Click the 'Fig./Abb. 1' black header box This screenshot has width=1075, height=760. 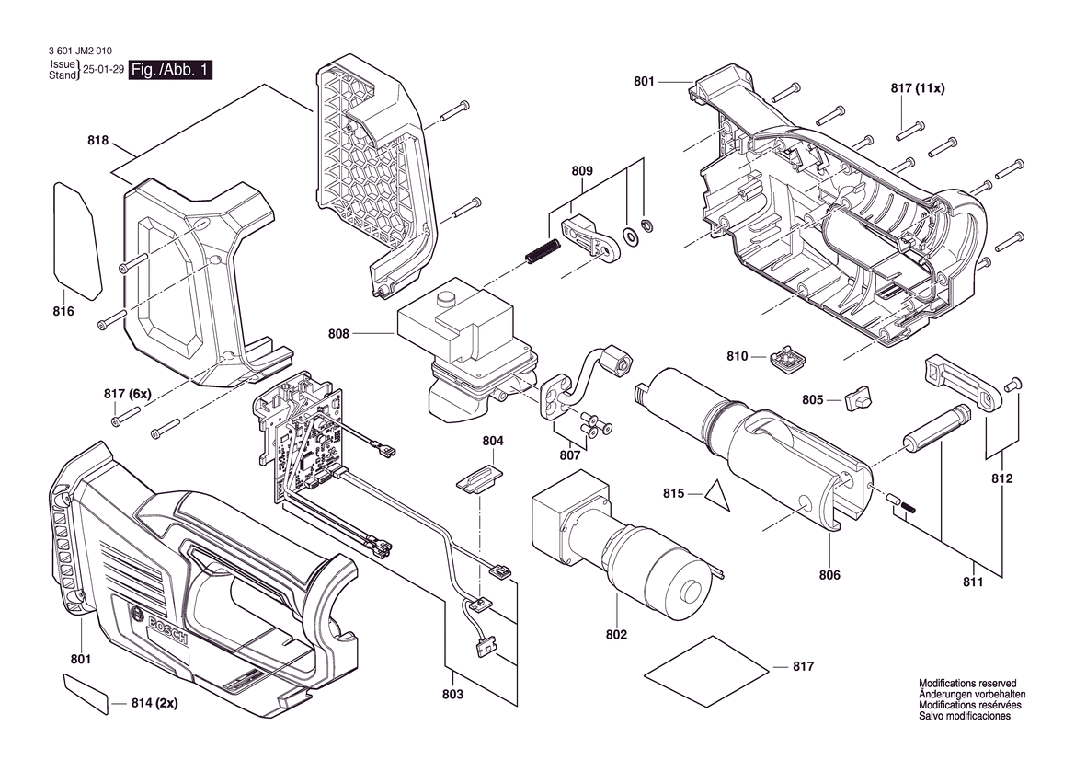coord(171,70)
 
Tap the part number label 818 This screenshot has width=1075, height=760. coord(98,141)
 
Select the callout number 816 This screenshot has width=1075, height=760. coord(63,311)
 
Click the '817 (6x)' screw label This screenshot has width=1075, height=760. coord(128,395)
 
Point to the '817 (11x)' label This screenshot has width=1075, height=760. coord(918,87)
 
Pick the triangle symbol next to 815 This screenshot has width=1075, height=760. coord(716,496)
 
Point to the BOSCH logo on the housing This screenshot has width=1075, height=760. coord(166,627)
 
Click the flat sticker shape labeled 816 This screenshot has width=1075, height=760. coord(77,241)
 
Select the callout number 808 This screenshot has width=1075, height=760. coord(338,334)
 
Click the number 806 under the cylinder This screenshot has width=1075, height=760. coord(829,575)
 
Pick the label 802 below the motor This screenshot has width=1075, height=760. coord(616,635)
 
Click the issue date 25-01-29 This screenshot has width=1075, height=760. coord(103,70)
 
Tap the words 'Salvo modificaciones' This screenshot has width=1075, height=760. coord(965,716)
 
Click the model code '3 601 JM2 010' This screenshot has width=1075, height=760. coord(81,51)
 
